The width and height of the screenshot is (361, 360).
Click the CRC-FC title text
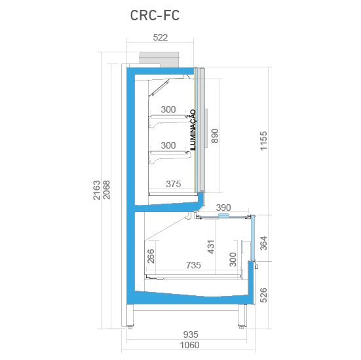[x=155, y=16]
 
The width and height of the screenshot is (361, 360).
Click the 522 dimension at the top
[x=161, y=37]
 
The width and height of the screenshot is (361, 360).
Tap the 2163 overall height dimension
[x=97, y=190]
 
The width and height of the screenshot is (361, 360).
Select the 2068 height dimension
[x=106, y=190]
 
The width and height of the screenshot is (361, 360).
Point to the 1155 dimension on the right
[x=263, y=141]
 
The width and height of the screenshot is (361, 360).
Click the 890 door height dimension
[x=215, y=135]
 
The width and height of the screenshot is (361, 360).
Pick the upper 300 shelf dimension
[x=168, y=109]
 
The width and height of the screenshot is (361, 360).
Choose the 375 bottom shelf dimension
[x=174, y=184]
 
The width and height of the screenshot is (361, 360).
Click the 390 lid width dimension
[x=223, y=207]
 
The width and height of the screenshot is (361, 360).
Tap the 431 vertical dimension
[x=211, y=247]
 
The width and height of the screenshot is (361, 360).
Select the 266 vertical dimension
[x=151, y=256]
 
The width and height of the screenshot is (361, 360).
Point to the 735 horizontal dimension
[x=193, y=265]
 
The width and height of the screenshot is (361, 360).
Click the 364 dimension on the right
[x=263, y=243]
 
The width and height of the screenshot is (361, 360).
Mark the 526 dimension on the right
[x=263, y=295]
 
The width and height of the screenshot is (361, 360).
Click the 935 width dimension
[x=191, y=334]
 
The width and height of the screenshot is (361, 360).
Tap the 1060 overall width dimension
[x=189, y=345]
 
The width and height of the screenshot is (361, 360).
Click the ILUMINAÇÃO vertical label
[x=193, y=130]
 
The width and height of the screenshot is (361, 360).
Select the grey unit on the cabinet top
[x=159, y=60]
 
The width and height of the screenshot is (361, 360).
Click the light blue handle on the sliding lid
[x=223, y=215]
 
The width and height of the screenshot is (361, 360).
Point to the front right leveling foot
[x=242, y=327]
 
